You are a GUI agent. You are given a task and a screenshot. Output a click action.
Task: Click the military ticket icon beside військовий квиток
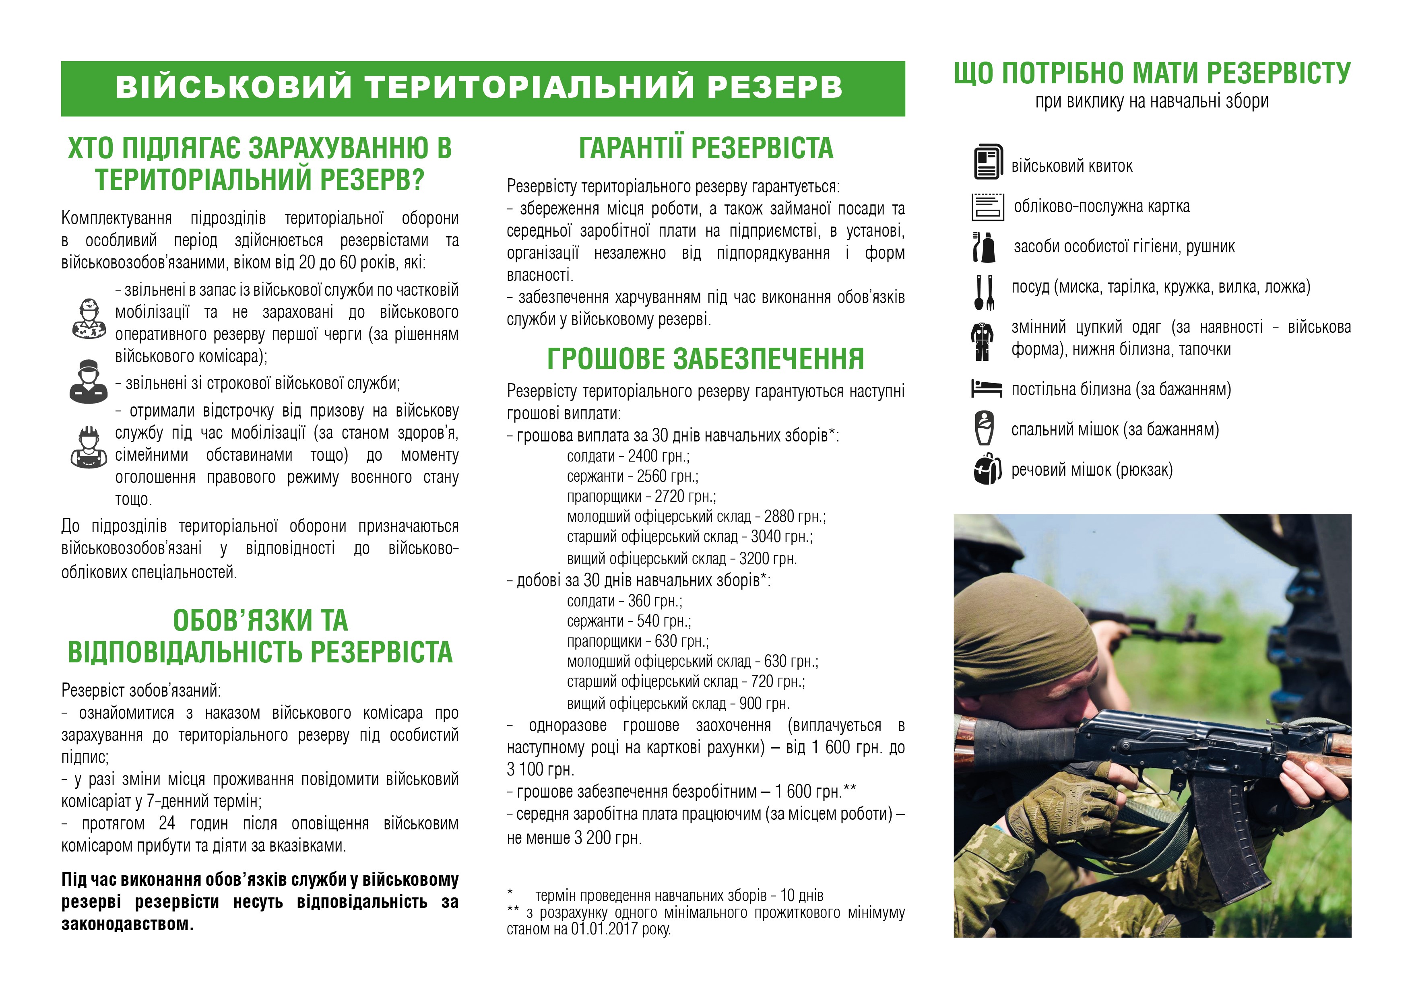(x=988, y=162)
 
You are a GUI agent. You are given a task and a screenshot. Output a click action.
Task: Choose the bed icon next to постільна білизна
(x=987, y=389)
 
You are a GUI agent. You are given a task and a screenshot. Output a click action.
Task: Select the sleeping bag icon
(x=985, y=427)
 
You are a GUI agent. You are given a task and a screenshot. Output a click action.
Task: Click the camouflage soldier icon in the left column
(x=89, y=319)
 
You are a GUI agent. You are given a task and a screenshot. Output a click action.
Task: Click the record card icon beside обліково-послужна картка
(x=988, y=206)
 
